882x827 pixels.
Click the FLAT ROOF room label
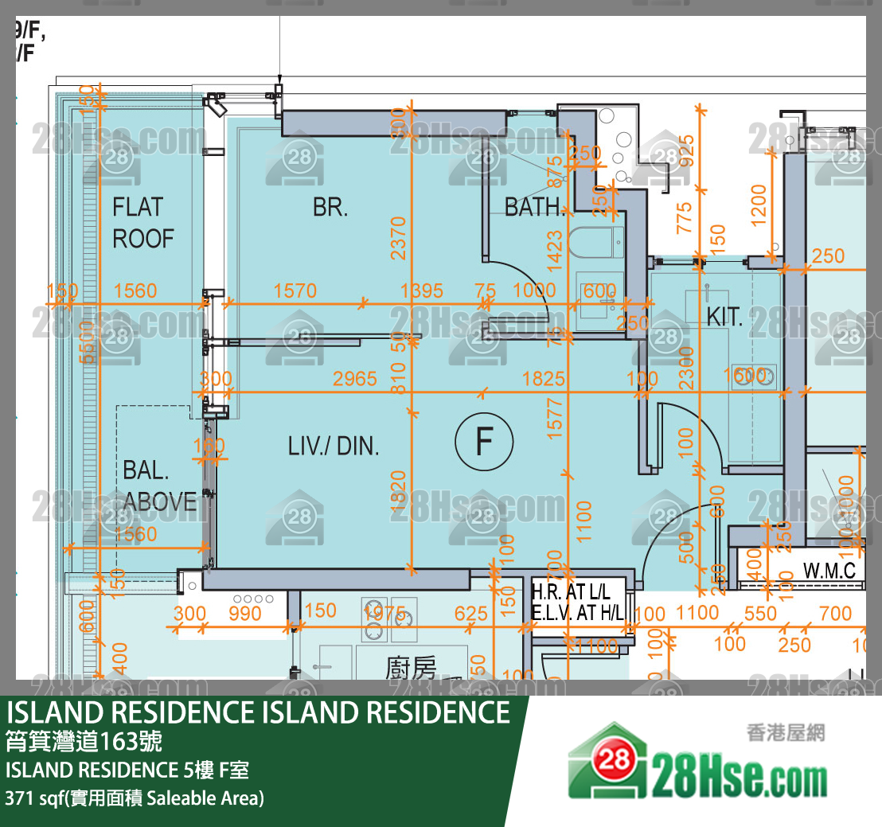tap(142, 223)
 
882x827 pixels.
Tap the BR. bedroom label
tap(330, 209)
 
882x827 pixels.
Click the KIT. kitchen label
tap(724, 318)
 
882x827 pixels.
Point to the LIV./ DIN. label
tap(334, 446)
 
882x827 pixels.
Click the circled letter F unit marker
tap(484, 442)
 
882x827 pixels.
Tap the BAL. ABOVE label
tap(159, 486)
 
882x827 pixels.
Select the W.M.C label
tap(829, 571)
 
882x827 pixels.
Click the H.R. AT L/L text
tap(571, 593)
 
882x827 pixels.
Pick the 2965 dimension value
tap(355, 379)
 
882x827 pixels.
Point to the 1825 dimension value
tap(544, 379)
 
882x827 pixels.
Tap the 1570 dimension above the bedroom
tap(295, 291)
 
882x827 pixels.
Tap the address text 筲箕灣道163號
tap(84, 743)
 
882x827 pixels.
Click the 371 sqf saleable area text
tap(134, 798)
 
